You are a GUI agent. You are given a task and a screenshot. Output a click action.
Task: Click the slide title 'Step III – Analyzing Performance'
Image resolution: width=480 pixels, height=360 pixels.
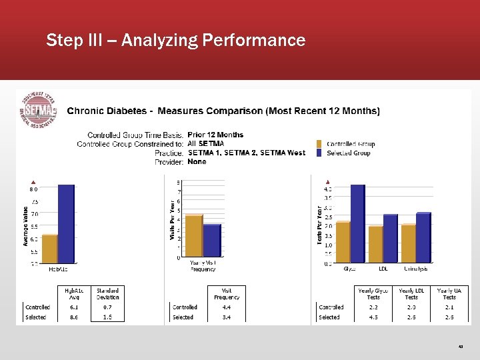pos(175,41)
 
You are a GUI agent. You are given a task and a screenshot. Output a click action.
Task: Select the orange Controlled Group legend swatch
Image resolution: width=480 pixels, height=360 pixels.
pos(320,144)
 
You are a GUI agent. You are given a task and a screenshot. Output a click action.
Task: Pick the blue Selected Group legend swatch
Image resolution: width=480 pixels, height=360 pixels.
pos(320,153)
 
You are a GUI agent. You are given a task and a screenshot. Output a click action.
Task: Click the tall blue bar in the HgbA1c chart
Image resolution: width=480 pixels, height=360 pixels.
pos(66,223)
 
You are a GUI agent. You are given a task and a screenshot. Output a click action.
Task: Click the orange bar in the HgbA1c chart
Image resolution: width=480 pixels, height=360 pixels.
pos(49,249)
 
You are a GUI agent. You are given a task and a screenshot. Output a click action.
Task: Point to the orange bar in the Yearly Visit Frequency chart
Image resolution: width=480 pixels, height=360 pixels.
pos(193,235)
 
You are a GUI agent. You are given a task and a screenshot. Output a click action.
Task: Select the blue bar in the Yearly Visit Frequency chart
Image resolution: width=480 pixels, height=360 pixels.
pos(211,240)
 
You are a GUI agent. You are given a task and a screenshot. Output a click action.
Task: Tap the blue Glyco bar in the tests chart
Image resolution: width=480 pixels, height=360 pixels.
pos(357,223)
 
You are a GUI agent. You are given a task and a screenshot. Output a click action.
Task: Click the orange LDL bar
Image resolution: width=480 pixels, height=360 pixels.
pos(375,244)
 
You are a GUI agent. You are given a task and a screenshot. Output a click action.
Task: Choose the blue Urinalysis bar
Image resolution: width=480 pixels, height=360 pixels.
pos(423,237)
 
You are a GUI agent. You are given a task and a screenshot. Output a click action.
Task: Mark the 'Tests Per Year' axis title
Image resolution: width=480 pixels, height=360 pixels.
pos(319,223)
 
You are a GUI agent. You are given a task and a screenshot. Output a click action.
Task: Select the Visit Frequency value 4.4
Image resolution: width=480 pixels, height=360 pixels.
pos(227,307)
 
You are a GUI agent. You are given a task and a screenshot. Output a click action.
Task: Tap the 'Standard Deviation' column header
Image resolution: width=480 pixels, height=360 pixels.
pos(107,293)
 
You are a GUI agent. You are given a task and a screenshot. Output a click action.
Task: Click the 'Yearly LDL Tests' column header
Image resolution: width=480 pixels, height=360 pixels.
pos(411,293)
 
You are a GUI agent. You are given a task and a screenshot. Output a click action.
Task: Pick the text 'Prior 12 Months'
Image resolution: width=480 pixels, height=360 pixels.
pos(215,135)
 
